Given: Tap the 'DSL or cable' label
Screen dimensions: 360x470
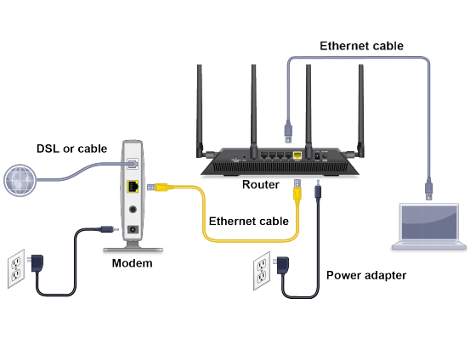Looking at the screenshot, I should coord(71,149).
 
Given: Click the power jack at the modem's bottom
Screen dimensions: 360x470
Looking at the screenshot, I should coord(133,228).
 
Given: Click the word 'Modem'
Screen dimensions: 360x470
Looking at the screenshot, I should coord(133,264).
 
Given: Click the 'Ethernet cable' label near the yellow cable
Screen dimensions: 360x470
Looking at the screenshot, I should coord(249,221).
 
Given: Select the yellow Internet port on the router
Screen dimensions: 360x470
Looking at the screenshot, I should coord(296,155).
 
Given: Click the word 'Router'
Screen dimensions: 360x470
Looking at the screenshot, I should coord(260,184).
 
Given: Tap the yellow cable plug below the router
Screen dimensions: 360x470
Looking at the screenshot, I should coord(297,192).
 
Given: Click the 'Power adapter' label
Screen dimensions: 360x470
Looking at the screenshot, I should coord(366,275).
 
